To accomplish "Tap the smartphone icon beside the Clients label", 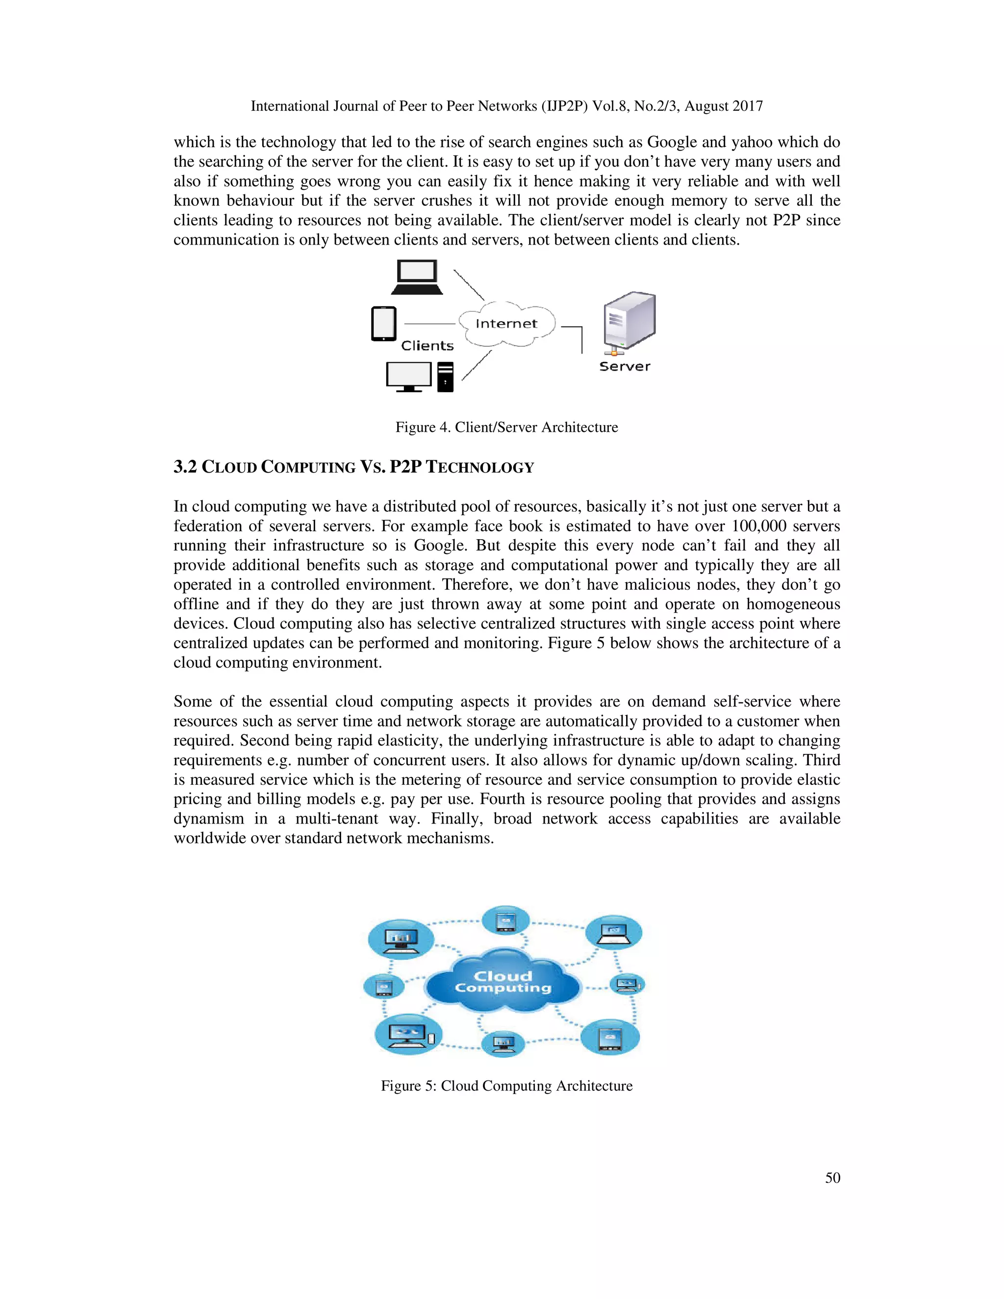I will pyautogui.click(x=384, y=324).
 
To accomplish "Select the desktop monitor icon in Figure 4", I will pyautogui.click(x=409, y=376).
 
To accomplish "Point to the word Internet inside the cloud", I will pyautogui.click(x=506, y=324).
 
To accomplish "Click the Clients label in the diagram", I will pyautogui.click(x=427, y=346).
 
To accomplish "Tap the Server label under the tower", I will pyautogui.click(x=625, y=366).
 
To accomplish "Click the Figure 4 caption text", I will pyautogui.click(x=507, y=427).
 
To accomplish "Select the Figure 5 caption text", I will pyautogui.click(x=507, y=1085).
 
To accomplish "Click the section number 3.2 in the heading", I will pyautogui.click(x=185, y=467).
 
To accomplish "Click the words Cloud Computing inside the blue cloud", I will pyautogui.click(x=503, y=982).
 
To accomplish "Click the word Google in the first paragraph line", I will pyautogui.click(x=672, y=142).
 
